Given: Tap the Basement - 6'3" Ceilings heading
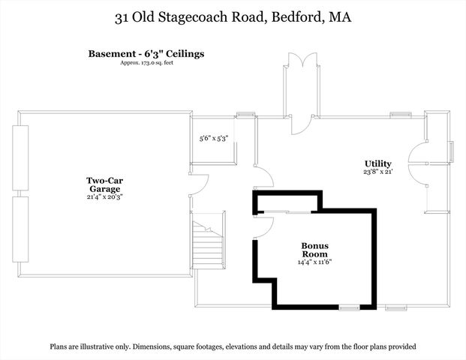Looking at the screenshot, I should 146,54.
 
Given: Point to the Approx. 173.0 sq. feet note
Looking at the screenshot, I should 146,63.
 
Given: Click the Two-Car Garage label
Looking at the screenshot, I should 104,184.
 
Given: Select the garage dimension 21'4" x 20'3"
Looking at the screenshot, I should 104,197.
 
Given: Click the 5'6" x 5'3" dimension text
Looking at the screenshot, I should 213,139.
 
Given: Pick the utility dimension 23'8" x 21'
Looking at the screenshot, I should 377,172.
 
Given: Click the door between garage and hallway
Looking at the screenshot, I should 199,184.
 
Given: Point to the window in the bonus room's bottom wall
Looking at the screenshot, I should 348,307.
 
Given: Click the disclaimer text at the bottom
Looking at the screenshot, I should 233,346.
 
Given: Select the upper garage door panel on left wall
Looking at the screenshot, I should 20,160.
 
